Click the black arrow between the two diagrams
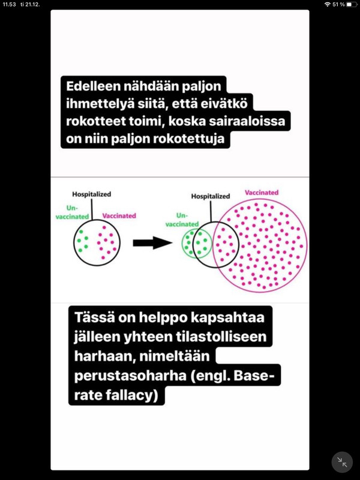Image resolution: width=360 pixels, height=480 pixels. [x=152, y=243]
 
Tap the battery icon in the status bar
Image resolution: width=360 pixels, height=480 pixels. [x=352, y=5]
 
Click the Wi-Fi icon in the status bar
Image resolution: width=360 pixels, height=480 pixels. [x=328, y=5]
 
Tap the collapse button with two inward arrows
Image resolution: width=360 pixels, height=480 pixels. [x=342, y=462]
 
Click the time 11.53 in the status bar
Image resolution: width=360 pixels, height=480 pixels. [x=9, y=5]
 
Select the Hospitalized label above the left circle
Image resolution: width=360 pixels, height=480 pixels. [x=92, y=194]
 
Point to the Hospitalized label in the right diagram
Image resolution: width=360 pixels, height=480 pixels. [x=211, y=196]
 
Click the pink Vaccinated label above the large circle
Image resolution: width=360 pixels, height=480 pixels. [x=262, y=193]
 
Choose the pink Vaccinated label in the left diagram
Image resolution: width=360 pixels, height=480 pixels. [x=119, y=216]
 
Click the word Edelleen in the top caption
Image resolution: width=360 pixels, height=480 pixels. [x=94, y=86]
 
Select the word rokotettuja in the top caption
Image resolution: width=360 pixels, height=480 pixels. [x=188, y=139]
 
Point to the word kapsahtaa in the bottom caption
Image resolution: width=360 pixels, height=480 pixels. [x=227, y=317]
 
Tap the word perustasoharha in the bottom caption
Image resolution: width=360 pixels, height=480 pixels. [x=130, y=376]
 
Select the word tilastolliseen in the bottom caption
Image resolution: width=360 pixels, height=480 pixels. [x=221, y=337]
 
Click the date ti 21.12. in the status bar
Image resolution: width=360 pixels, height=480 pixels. [x=30, y=5]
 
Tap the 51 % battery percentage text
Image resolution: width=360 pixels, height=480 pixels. [x=338, y=5]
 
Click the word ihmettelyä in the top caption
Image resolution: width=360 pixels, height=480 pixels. [x=100, y=104]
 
